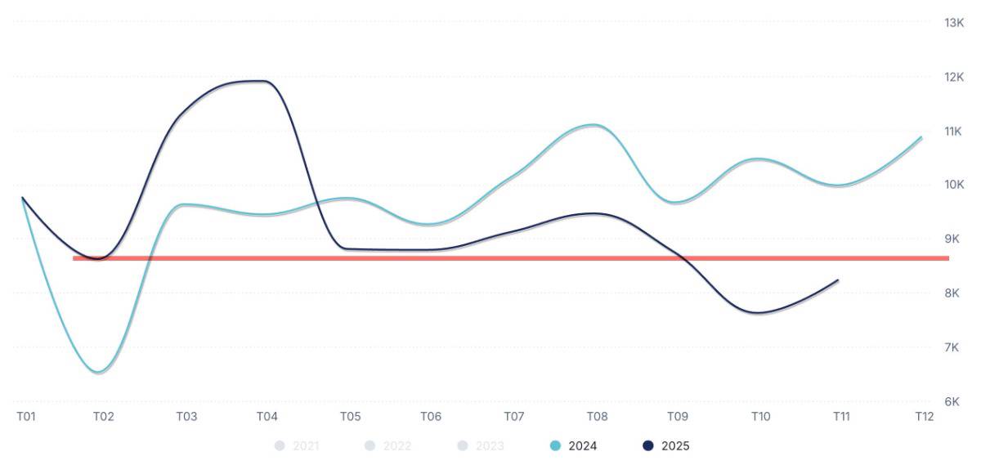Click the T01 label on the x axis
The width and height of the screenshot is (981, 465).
[26, 417]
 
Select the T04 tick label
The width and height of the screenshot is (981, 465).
[267, 417]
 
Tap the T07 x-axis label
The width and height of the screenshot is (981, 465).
[513, 417]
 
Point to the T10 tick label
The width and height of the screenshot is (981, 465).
[760, 417]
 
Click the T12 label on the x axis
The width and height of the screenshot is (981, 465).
[924, 417]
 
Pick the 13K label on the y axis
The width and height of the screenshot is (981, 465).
[954, 22]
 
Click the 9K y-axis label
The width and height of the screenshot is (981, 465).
[954, 239]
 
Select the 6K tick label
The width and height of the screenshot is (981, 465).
[954, 401]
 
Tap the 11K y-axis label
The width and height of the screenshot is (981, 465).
[954, 131]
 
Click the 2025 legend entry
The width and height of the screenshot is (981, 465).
[666, 446]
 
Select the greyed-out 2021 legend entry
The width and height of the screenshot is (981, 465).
[297, 446]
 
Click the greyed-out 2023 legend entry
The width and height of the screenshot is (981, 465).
[481, 446]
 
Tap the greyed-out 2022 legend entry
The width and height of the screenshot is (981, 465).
[388, 446]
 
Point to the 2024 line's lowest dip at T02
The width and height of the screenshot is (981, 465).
[99, 373]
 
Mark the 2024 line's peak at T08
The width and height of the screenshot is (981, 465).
[594, 125]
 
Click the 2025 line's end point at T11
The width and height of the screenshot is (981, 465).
[838, 280]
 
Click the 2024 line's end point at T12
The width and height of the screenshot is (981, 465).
[921, 137]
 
